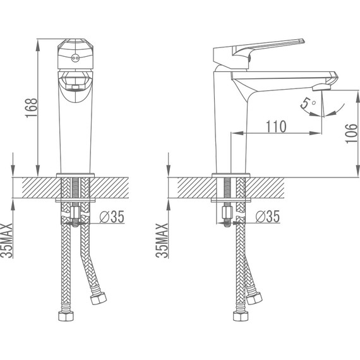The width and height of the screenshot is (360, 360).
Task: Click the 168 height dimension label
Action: [x=32, y=108]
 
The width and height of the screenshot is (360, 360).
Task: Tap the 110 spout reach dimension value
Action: [x=276, y=126]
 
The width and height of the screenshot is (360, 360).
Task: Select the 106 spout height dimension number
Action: [x=352, y=133]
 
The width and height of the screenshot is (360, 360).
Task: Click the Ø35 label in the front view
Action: [x=112, y=217]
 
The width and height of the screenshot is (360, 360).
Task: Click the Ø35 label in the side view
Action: [x=268, y=217]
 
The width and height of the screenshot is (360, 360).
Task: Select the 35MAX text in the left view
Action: [x=7, y=241]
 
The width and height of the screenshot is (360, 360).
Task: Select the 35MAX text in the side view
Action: [x=162, y=241]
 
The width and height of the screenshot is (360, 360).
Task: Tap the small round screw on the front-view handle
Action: [x=75, y=58]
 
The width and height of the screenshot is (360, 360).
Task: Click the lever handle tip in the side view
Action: [x=302, y=41]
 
